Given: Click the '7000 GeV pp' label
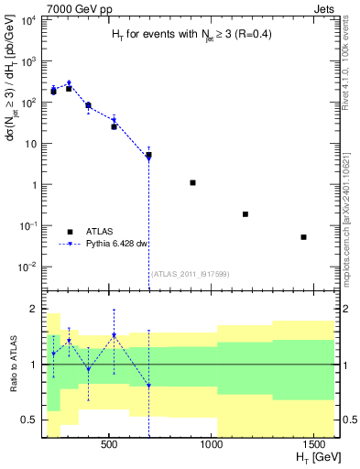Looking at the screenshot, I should click(x=70, y=7).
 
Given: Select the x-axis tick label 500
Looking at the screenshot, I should click(x=109, y=444).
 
